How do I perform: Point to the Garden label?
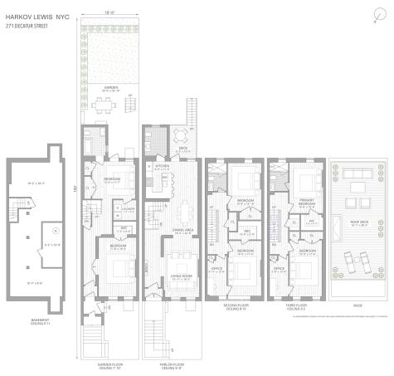click(111, 86)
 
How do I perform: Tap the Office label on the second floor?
click(217, 268)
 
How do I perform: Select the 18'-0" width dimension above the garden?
click(111, 12)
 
